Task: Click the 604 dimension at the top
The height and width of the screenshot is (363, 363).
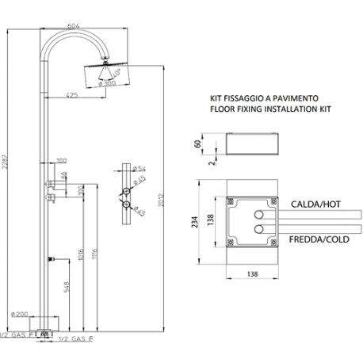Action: click(74, 26)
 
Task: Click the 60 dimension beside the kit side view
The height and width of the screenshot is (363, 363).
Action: click(198, 145)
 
